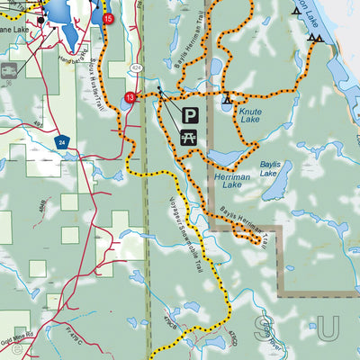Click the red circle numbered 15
(x=109, y=18)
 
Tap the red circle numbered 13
(x=130, y=97)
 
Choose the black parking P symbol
(x=191, y=115)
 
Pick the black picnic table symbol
(x=191, y=136)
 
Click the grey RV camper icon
(x=6, y=68)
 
